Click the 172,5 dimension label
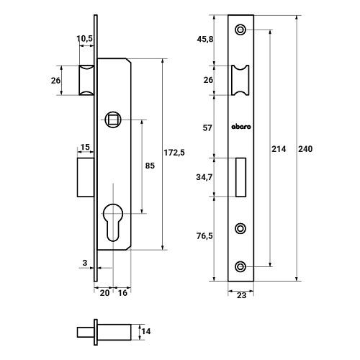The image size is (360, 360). point(174,153)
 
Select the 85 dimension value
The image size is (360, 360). point(150,166)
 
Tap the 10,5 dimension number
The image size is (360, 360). point(84,38)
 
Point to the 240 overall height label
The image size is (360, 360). point(305,149)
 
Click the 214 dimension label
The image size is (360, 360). point(279,149)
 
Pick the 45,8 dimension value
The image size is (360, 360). point(205,39)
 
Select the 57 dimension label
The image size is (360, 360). point(207,128)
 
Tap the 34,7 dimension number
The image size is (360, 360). point(204,177)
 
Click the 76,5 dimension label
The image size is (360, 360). point(204,236)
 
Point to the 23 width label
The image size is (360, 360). point(241,295)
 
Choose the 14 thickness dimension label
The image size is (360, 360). point(146,331)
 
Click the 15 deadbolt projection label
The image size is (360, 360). point(85,147)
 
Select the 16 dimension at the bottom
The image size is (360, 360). point(122,293)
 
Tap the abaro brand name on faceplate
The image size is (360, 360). point(241,127)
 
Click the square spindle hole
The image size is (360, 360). point(113,120)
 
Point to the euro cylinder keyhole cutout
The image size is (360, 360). point(113,222)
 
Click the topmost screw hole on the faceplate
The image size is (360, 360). point(240,30)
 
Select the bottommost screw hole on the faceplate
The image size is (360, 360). point(240,266)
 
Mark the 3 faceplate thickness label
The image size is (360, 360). point(85,263)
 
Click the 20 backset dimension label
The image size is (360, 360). point(104,293)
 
